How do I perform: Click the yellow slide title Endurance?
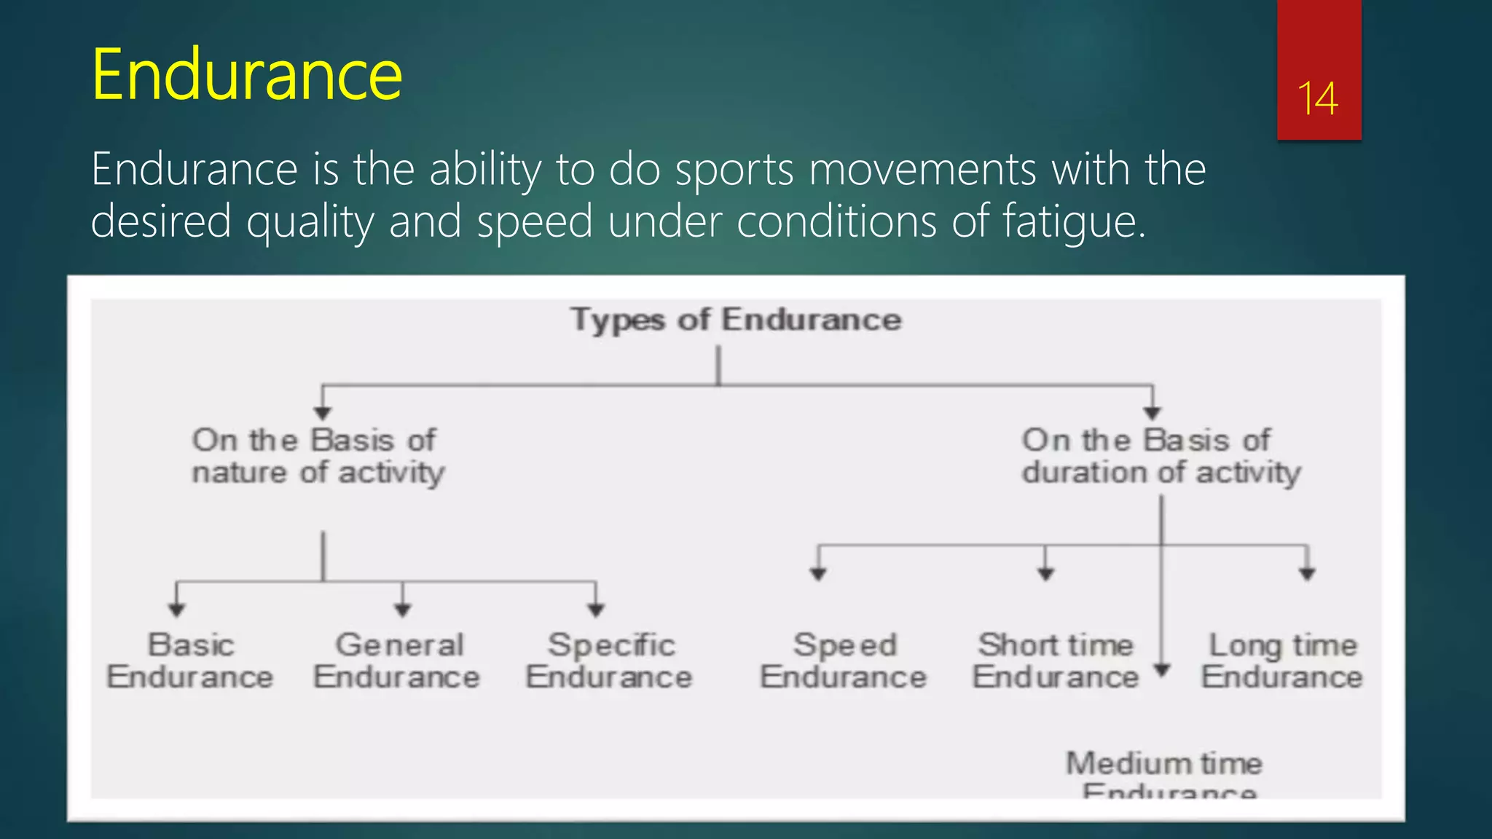click(x=246, y=74)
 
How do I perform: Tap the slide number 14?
click(x=1317, y=99)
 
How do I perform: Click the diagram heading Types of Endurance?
click(x=736, y=320)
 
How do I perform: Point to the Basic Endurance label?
click(x=190, y=661)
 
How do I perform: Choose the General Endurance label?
click(x=398, y=661)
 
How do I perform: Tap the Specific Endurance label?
click(x=610, y=661)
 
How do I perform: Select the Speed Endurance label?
click(x=844, y=661)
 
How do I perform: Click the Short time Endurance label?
click(x=1056, y=661)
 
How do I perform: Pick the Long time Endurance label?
click(x=1282, y=661)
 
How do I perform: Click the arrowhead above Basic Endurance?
click(x=176, y=610)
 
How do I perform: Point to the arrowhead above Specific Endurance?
click(x=596, y=610)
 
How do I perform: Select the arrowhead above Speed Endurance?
click(x=818, y=574)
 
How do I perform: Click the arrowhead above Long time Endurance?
click(x=1307, y=574)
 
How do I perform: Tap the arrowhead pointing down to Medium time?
click(x=1162, y=669)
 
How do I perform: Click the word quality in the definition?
click(x=310, y=221)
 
